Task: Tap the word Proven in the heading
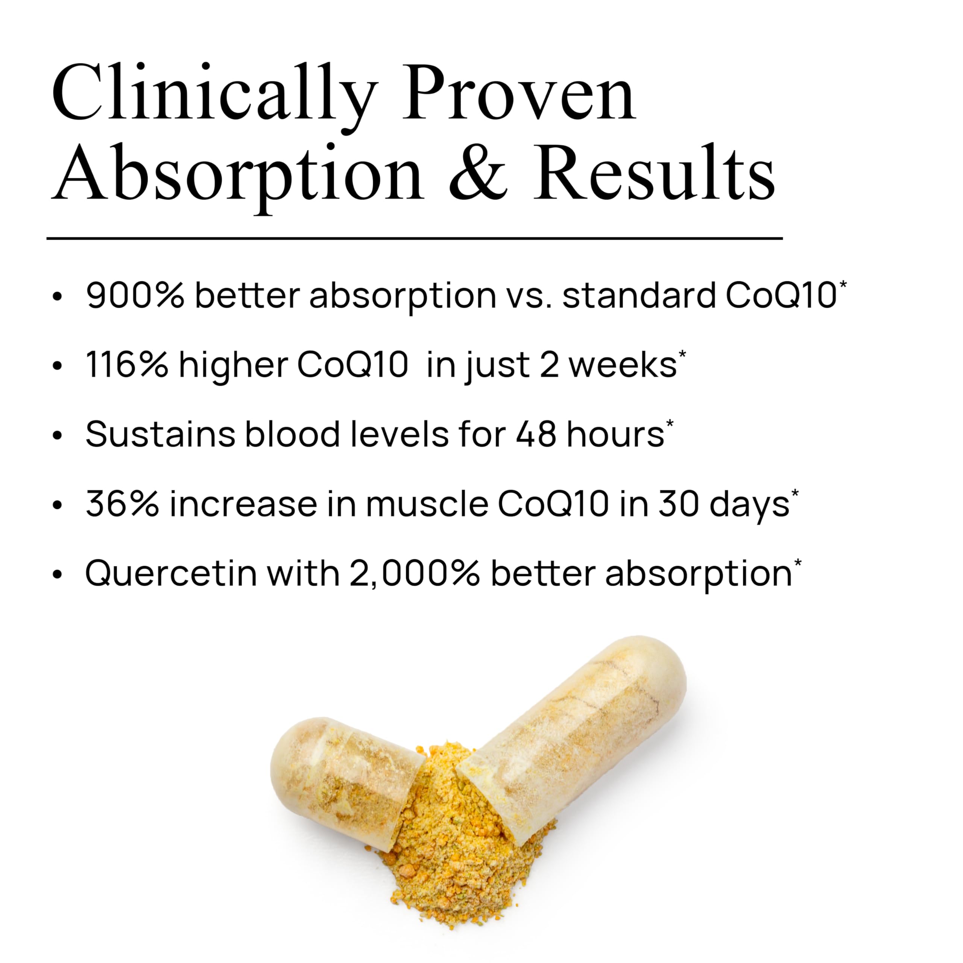pos(519,95)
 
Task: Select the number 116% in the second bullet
pos(127,365)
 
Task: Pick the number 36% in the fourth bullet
pos(122,504)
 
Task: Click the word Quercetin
pos(171,574)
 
